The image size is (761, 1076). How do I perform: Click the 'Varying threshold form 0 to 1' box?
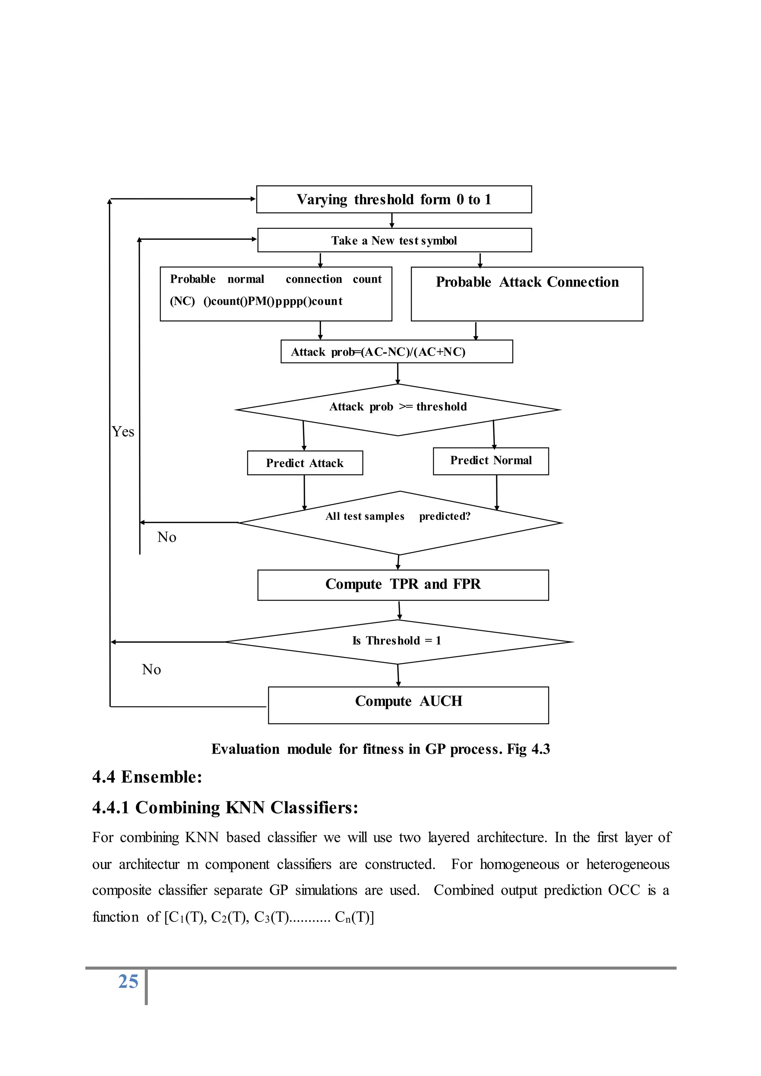[x=394, y=199]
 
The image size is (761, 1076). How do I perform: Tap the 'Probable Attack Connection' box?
[x=527, y=294]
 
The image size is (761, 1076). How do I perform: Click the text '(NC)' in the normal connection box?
[x=182, y=301]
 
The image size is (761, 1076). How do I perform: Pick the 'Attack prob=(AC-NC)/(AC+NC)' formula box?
[x=396, y=351]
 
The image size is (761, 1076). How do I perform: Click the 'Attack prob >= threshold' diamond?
[x=398, y=409]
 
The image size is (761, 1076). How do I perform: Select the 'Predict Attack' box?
[x=305, y=463]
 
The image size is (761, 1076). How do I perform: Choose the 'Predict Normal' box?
[x=490, y=461]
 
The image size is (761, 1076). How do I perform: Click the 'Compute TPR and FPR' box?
[x=403, y=584]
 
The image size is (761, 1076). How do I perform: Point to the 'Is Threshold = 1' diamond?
[x=398, y=641]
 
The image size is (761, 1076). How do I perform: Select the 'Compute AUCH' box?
[x=408, y=705]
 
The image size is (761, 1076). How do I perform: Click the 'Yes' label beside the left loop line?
[x=123, y=432]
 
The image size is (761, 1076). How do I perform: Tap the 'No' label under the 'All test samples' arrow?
[x=167, y=537]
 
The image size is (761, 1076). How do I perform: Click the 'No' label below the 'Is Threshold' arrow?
[x=151, y=669]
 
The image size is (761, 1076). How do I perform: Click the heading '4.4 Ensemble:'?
[x=147, y=777]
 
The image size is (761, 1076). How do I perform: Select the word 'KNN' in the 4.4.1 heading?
[x=246, y=807]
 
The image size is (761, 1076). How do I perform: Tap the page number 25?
[x=128, y=981]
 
